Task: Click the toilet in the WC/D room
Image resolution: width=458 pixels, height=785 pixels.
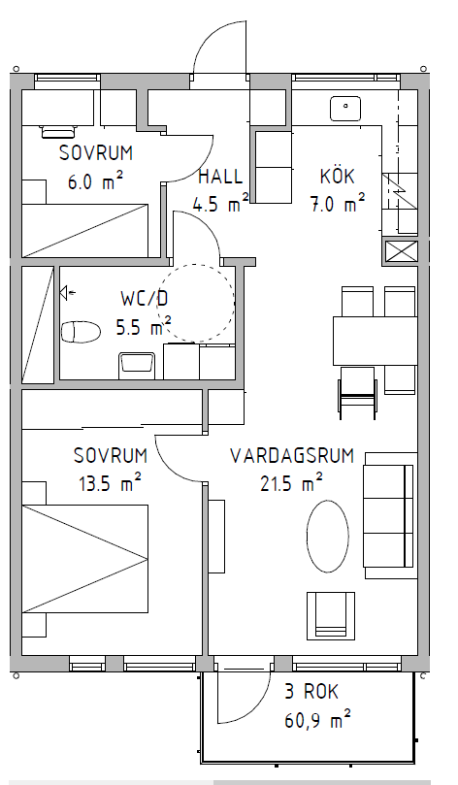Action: [81, 332]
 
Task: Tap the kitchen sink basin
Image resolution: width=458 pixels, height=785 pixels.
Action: [345, 109]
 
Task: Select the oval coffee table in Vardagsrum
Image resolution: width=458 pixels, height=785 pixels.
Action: [327, 537]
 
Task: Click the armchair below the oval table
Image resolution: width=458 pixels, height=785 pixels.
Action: [330, 616]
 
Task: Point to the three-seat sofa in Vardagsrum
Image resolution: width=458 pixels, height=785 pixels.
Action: [390, 515]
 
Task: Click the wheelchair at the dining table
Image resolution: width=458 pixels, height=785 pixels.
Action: [357, 392]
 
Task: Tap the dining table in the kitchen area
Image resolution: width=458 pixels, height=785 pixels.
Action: [375, 341]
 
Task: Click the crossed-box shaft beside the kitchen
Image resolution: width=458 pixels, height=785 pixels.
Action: [401, 251]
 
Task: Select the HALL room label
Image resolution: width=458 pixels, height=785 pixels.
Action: [220, 177]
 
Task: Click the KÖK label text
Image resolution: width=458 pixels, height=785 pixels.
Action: [338, 176]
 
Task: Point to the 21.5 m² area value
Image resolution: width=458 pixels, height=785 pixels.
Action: [291, 483]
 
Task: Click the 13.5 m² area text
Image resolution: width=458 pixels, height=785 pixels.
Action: [110, 483]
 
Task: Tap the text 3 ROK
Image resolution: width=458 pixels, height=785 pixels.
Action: [311, 692]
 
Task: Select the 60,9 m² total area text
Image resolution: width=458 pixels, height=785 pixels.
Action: [317, 721]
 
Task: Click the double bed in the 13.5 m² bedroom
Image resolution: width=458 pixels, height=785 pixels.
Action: [85, 559]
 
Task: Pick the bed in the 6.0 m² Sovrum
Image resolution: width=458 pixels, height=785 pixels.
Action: [85, 230]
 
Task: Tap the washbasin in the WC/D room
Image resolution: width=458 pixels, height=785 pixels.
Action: [137, 366]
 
